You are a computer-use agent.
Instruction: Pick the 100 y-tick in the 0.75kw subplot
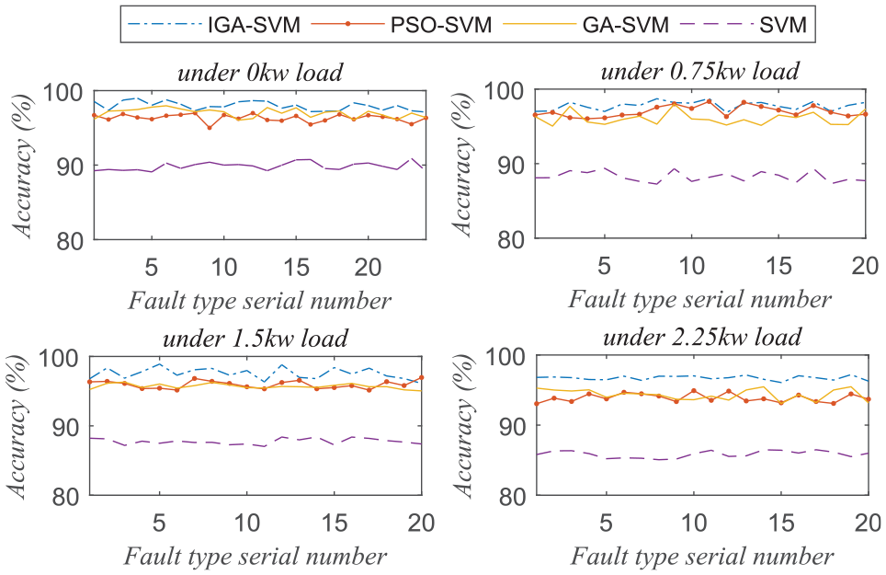click(x=505, y=91)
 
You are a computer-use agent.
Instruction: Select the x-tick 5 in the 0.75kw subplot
click(x=604, y=265)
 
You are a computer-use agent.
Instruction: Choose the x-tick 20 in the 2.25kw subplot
click(x=864, y=522)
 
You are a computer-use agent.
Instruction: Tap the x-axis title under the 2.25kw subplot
click(x=700, y=556)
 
